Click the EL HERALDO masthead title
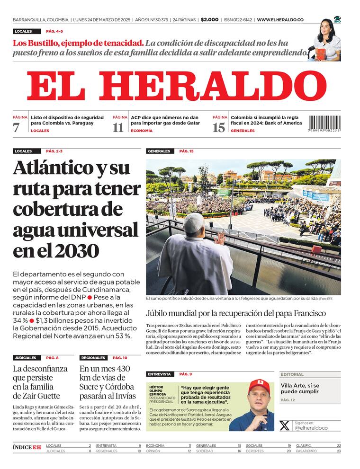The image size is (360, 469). [176, 86]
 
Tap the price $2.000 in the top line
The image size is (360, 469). [209, 20]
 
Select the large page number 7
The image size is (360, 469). [17, 127]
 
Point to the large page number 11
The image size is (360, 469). [118, 127]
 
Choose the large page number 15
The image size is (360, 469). [219, 127]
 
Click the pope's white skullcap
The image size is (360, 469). [193, 222]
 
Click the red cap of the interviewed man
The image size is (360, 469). [260, 384]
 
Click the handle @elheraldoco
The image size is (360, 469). [311, 427]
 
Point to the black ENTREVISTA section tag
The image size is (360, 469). [160, 374]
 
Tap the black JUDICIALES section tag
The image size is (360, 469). [26, 358]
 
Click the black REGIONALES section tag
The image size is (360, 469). [93, 358]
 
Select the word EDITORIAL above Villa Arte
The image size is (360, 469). [292, 374]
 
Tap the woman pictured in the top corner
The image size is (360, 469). [326, 40]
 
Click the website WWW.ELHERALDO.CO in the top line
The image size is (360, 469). [280, 20]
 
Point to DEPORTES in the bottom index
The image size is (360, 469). [255, 451]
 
